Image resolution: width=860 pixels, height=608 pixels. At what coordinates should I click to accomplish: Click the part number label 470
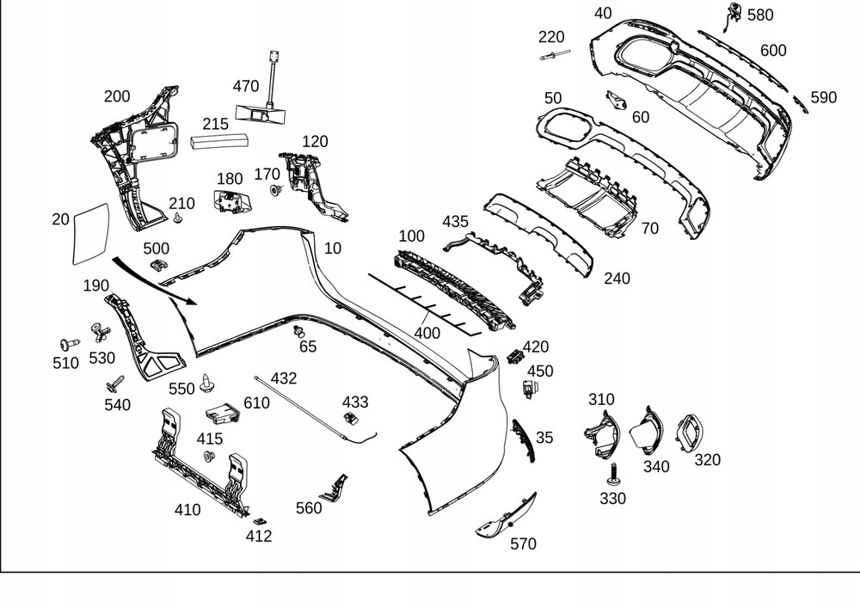pos(246,86)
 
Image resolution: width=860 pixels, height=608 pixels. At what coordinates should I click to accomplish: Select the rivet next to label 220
pos(555,55)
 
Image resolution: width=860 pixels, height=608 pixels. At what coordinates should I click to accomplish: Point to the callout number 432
pos(284,378)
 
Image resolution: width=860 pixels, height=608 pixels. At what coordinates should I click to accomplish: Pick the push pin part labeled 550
pos(206,384)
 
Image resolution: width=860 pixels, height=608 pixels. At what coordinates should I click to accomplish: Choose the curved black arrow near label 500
pos(154,281)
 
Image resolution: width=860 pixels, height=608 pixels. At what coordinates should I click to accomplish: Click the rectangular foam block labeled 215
pos(219,141)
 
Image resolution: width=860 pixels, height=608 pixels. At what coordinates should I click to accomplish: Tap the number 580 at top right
pos(760,15)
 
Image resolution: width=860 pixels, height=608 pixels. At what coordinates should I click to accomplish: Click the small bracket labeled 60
pos(617,100)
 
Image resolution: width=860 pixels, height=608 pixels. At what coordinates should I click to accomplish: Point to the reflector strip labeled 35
pos(523,440)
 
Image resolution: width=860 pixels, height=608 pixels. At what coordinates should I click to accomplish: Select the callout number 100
pos(411,236)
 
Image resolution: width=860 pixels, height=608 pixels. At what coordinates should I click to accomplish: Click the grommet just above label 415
pos(209,456)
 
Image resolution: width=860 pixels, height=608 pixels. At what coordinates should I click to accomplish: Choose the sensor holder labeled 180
pos(230,201)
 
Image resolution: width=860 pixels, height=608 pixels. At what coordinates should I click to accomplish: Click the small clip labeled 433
pos(351,418)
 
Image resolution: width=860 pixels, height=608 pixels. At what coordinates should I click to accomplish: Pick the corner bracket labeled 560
pos(335,488)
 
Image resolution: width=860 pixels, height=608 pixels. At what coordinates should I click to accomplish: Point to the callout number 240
pos(617,279)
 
